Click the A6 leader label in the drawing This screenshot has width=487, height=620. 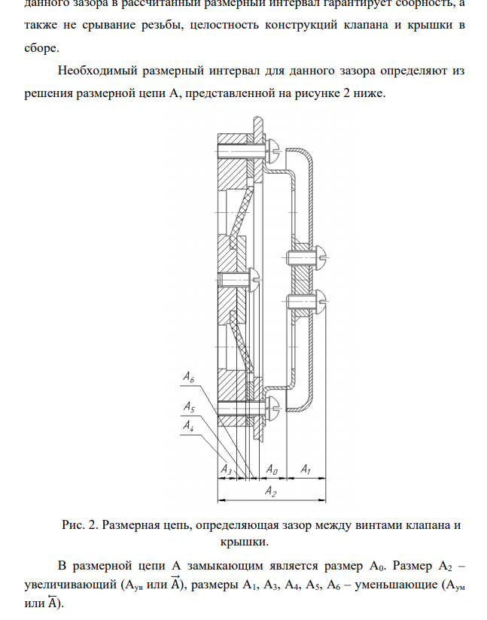tap(189, 375)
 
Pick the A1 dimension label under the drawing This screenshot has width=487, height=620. tap(306, 470)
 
